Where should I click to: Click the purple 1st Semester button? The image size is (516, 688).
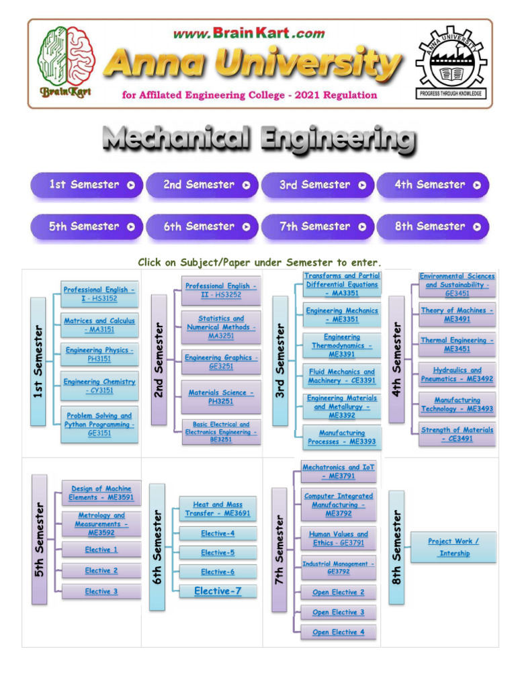point(87,185)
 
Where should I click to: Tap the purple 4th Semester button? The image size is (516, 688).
point(433,185)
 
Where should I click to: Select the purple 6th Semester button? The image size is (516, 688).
point(202,226)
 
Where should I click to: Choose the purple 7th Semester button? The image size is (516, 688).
point(317,226)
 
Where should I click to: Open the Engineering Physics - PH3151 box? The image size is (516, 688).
point(99,354)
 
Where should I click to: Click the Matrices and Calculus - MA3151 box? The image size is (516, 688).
point(99,325)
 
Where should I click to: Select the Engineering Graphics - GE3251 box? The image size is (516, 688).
point(221,362)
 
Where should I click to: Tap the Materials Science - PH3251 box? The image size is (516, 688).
point(221,396)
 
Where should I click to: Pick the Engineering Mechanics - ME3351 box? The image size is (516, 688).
point(342,315)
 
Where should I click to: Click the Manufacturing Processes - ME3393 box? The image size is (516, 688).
point(342,437)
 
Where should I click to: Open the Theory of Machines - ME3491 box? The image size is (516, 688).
point(457,314)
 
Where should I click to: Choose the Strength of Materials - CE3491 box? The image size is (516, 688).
point(457,434)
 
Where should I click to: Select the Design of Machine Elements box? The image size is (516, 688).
point(101,493)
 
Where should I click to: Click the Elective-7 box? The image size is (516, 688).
point(218,591)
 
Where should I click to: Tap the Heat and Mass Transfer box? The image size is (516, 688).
point(218,509)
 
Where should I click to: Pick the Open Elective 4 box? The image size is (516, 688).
point(338,632)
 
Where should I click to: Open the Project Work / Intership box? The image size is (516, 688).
point(454,547)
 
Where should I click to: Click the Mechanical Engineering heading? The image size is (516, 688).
point(259,140)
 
